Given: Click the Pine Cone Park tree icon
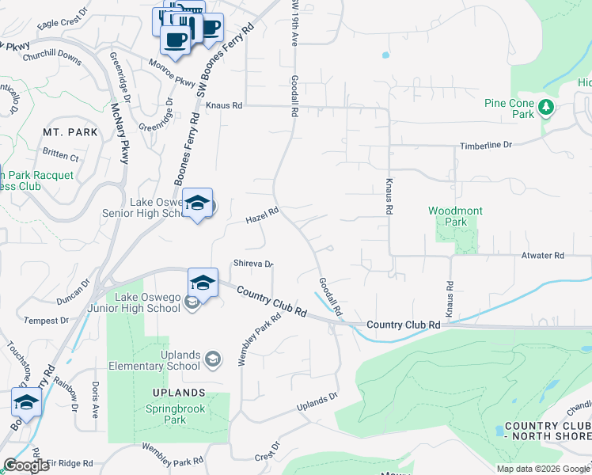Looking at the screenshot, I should coord(545,108).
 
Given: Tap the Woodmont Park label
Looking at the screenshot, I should coord(455,216).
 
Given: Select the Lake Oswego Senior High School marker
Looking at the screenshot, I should coord(198,203).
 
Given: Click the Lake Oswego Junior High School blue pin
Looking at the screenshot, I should coord(203,283).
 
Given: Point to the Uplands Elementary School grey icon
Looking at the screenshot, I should coord(212,360).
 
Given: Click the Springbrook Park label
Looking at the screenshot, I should coord(175,414).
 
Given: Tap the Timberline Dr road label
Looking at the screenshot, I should coord(488,146).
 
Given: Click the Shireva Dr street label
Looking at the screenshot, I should coord(252,264).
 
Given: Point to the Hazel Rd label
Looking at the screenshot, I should coord(262,214).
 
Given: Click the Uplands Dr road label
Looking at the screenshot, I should coord(317,402).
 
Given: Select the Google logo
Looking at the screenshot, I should coord(26,465).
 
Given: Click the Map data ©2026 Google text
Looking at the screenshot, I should coord(542,469).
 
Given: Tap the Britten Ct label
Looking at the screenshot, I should coord(61,154).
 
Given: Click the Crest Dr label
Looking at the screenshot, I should coord(268,450).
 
